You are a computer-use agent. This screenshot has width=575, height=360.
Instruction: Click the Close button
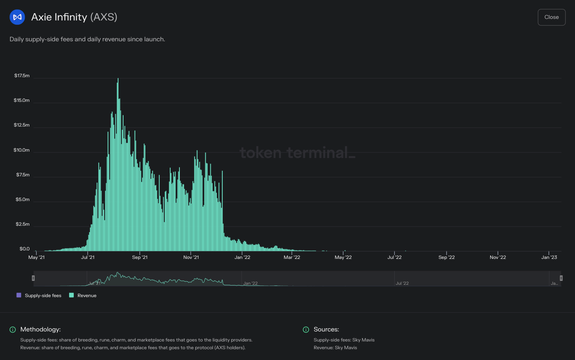[x=551, y=17]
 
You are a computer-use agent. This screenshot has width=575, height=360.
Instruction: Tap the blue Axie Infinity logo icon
[x=17, y=17]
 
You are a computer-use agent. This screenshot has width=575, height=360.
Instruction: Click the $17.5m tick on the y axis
[x=22, y=76]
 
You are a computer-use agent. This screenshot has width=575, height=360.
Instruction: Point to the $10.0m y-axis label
[x=22, y=150]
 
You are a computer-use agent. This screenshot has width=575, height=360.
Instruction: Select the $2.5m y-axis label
[x=22, y=224]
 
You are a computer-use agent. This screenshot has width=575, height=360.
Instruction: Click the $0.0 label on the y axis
[x=24, y=249]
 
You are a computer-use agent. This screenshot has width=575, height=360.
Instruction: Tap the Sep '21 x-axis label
[x=140, y=257]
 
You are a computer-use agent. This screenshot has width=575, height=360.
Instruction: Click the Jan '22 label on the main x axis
[x=242, y=257]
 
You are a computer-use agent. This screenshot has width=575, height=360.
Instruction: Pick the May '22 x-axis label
[x=343, y=257]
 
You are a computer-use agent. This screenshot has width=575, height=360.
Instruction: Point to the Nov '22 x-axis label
[x=498, y=257]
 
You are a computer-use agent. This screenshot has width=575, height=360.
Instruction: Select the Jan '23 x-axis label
[x=549, y=257]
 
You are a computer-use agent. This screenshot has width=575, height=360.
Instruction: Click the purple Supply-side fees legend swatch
[x=19, y=295]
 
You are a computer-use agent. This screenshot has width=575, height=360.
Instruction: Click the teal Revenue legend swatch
[x=71, y=295]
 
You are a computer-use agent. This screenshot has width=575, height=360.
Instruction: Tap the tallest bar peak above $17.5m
[x=118, y=79]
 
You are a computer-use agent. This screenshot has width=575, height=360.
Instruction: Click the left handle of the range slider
[x=33, y=278]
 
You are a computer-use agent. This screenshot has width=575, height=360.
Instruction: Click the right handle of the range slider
[x=561, y=278]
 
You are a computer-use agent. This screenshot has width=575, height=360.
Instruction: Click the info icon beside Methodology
[x=13, y=330]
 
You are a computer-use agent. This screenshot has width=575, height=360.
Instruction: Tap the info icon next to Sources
[x=306, y=330]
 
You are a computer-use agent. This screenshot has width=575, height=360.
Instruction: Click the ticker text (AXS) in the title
[x=104, y=17]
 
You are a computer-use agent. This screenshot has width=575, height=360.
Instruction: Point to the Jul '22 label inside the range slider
[x=402, y=283]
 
